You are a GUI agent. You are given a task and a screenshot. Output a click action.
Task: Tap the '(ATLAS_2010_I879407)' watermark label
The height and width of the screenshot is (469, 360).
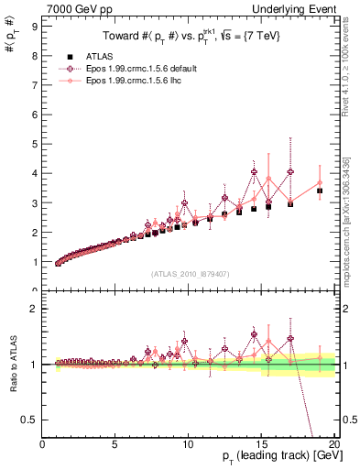pos(190,275)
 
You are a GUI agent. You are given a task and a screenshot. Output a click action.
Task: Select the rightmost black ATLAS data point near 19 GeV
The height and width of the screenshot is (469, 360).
pos(320,191)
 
